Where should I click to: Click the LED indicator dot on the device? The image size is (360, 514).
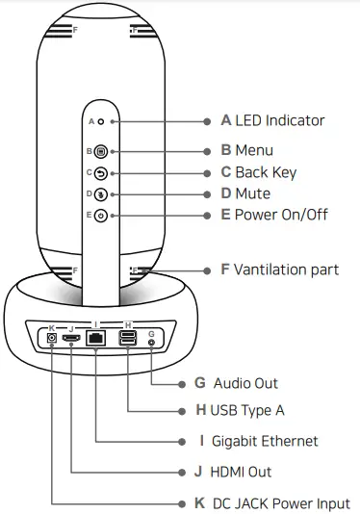tap(101, 122)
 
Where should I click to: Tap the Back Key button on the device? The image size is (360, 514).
tap(101, 173)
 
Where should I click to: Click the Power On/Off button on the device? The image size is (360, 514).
tap(101, 215)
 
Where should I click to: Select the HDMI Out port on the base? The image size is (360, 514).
tap(72, 338)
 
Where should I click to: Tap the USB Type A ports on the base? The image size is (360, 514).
tap(128, 338)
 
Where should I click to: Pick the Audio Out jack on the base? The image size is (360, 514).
tap(152, 338)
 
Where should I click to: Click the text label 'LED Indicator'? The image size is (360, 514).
tap(280, 121)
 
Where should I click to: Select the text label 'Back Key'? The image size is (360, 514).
tap(266, 172)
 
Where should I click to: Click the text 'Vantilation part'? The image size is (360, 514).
tap(287, 270)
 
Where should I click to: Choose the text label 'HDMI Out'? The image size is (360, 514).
tap(241, 472)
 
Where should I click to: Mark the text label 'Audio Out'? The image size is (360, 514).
tap(245, 382)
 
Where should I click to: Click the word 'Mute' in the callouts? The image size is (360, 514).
tap(253, 193)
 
